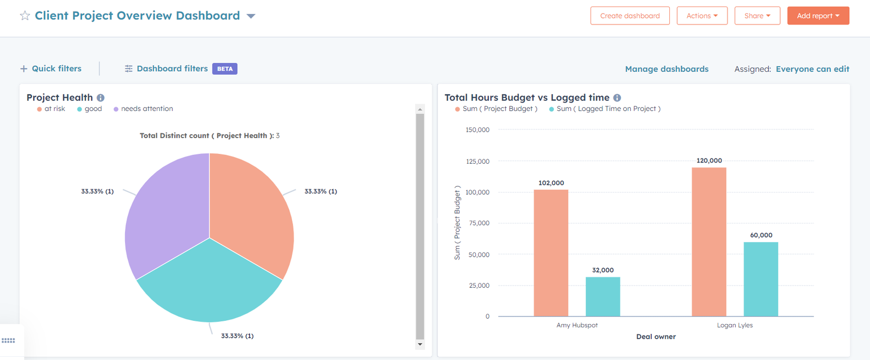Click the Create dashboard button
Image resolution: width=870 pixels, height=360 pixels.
[x=630, y=16]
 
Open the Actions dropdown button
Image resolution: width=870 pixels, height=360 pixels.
[x=701, y=16]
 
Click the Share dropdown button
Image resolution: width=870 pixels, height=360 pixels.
[x=757, y=16]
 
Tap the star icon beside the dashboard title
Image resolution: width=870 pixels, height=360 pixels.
[x=25, y=16]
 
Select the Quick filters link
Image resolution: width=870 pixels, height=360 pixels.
[x=51, y=69]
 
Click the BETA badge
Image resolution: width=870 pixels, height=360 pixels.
[x=225, y=69]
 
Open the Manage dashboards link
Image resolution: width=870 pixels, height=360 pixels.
[x=667, y=69]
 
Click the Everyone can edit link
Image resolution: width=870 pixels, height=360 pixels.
[x=812, y=69]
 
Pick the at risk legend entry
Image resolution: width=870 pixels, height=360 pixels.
[x=51, y=109]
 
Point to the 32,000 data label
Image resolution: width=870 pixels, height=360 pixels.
[x=602, y=270]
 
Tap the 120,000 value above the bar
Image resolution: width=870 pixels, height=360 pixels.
[x=709, y=160]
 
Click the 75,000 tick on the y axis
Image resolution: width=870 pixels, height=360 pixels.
[x=479, y=223]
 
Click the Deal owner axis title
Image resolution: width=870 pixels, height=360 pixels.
[x=656, y=337]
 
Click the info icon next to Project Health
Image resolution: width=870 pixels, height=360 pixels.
[x=101, y=98]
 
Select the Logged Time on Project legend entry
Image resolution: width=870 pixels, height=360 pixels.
[x=605, y=109]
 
